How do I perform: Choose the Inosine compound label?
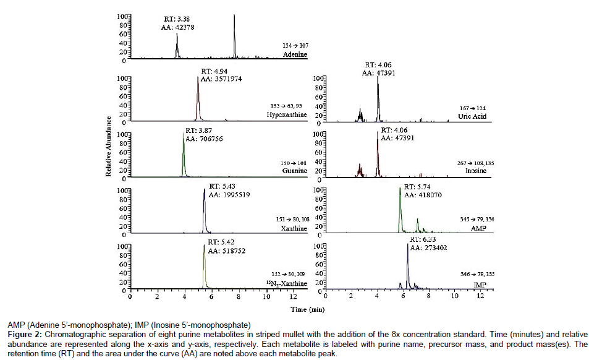point(481,171)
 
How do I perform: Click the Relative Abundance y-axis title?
point(109,147)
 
